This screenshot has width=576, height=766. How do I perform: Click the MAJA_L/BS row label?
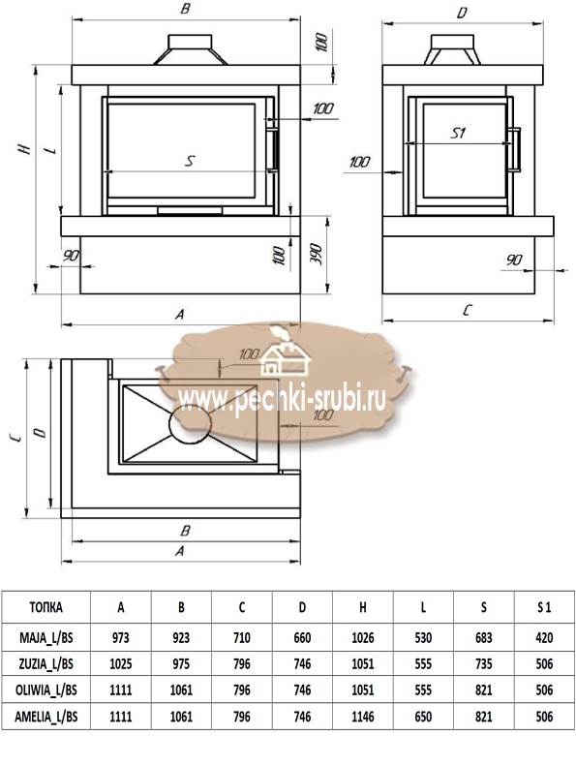coord(45,637)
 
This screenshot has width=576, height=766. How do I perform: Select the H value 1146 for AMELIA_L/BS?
coord(362,717)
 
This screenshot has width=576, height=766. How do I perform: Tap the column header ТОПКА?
coord(45,607)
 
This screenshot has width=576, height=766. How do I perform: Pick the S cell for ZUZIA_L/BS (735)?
coord(484,664)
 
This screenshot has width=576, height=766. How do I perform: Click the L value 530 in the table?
coord(423,637)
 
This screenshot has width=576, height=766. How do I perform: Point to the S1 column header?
coord(544,607)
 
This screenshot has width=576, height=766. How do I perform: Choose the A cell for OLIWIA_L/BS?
coord(121,690)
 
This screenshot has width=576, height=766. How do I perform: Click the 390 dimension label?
coord(317,254)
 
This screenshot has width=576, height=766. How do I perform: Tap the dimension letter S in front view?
coord(190,161)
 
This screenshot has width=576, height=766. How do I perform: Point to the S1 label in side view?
coord(458,133)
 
